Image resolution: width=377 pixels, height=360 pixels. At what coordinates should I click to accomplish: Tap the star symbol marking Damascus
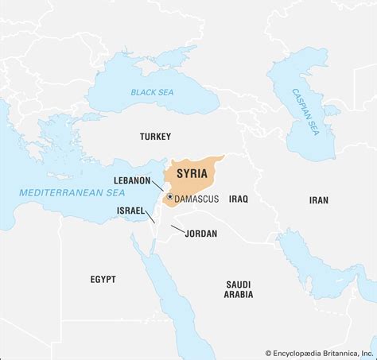(170, 196)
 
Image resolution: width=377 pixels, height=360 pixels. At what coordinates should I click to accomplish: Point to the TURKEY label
(155, 137)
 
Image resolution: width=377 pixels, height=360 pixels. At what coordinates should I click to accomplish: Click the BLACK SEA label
(154, 93)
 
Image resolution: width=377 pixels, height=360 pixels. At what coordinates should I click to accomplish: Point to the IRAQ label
(239, 200)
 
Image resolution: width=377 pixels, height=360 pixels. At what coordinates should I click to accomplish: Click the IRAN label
(318, 200)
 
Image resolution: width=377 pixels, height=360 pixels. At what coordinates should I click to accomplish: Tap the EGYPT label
(103, 279)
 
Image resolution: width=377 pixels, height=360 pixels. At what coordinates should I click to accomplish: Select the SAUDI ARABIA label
(239, 288)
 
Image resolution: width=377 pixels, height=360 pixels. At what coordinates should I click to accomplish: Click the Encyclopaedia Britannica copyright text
(319, 353)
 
